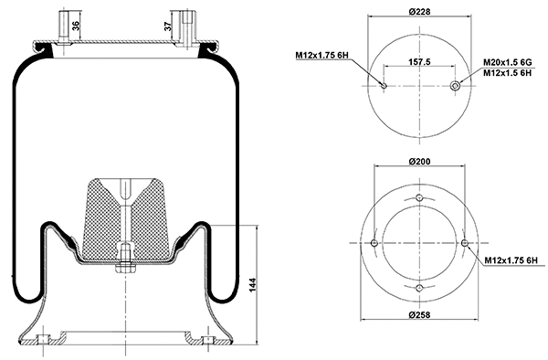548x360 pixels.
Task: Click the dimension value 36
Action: click(76, 24)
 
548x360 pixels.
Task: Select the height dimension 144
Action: click(251, 285)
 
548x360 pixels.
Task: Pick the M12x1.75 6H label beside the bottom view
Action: click(511, 263)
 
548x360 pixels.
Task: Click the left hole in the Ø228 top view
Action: click(384, 87)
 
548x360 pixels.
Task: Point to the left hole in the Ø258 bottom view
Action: click(374, 243)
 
